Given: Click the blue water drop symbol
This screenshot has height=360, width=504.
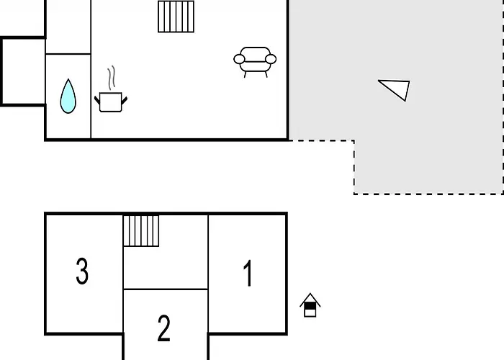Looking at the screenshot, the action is point(68,96).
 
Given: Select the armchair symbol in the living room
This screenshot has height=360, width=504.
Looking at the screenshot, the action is point(255,62).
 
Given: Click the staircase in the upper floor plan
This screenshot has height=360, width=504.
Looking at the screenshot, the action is point(176,17).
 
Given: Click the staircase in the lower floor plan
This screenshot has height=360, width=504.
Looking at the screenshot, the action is point(141,231).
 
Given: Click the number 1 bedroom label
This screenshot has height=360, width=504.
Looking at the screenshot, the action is point(248,273).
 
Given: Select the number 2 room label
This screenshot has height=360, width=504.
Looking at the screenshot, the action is point(163,328).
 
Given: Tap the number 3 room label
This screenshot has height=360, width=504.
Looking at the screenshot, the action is point(82,271).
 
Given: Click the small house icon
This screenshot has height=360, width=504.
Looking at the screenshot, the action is point(310,305).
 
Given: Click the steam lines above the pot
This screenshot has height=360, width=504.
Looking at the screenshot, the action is point(111,78).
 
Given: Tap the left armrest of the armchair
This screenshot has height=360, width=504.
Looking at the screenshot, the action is point(239,59).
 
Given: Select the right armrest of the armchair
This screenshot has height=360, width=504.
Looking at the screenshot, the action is point(271,59).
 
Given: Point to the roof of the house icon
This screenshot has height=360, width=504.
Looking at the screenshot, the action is point(310,299).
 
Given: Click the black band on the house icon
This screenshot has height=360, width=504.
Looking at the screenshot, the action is point(310,306).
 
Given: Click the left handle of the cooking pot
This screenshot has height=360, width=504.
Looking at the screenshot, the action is point(97,99).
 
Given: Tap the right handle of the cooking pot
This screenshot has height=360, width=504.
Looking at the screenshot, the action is point(125,100).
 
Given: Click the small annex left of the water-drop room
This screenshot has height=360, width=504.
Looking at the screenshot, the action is point(23,71).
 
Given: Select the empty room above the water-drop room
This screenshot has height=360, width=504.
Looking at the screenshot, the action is point(68,27).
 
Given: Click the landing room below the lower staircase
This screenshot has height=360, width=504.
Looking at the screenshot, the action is point(166,267).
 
